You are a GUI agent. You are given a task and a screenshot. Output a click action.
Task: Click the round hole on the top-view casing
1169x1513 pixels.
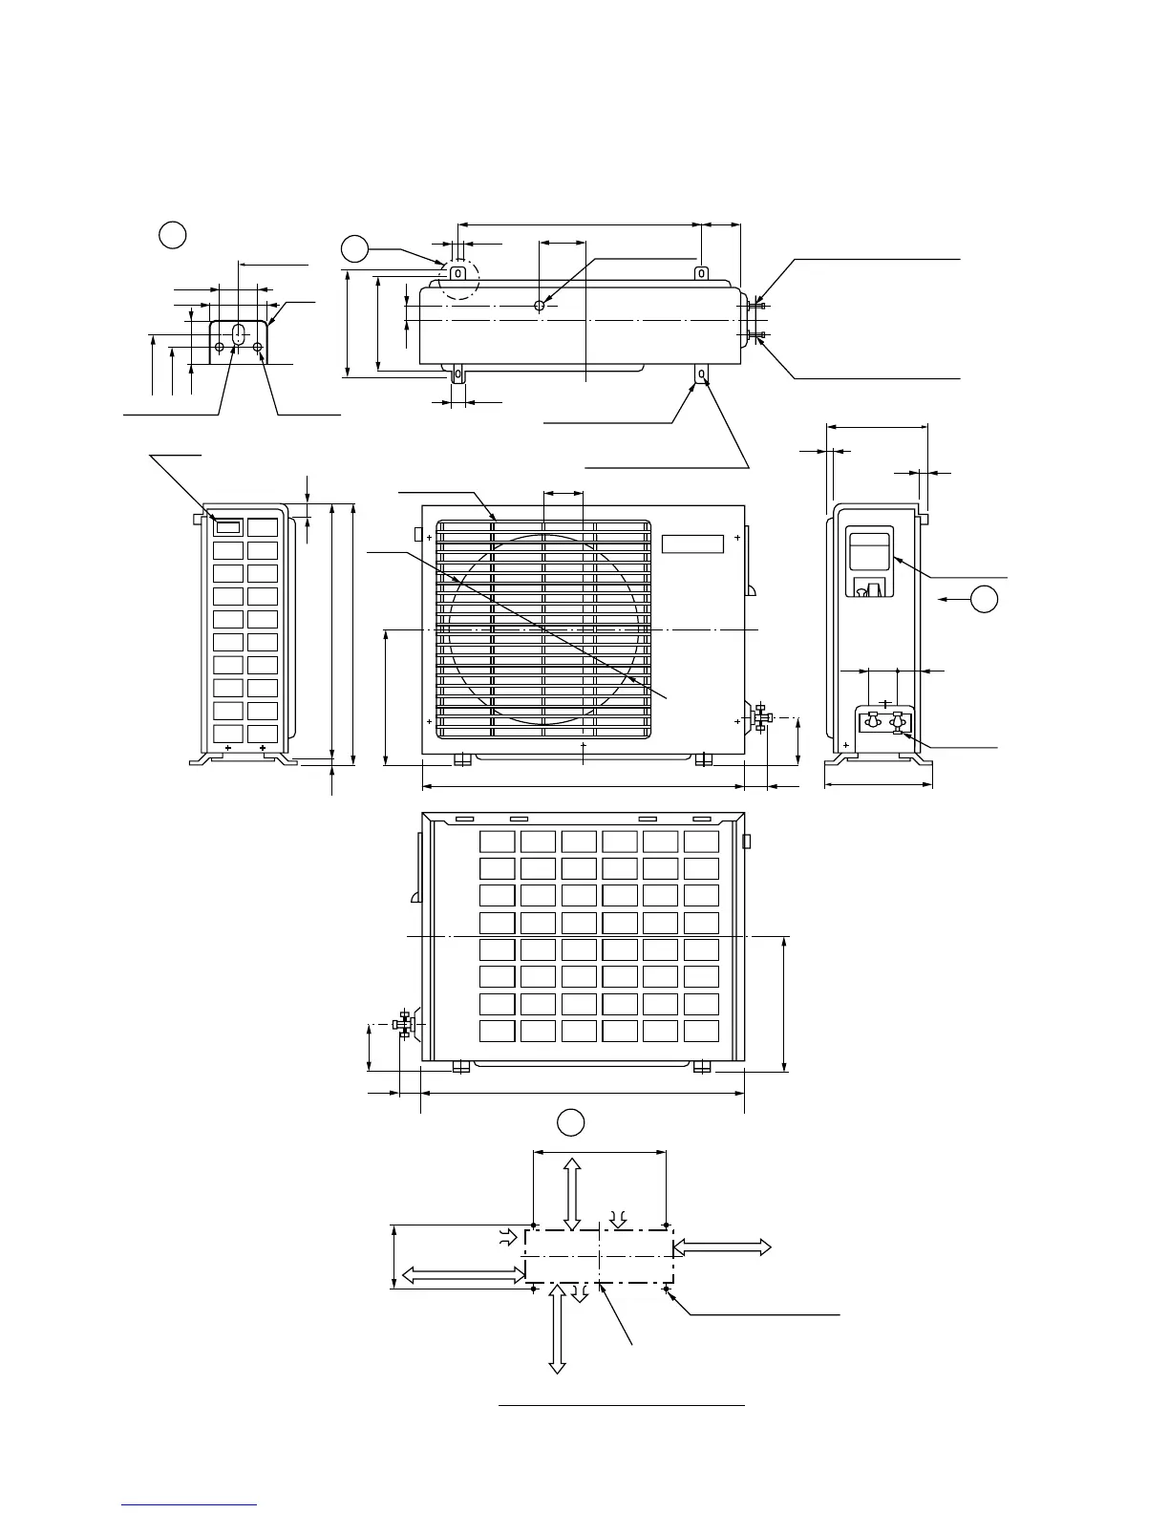click(540, 305)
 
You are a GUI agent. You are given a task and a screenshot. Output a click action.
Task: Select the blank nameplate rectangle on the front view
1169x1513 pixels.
click(692, 543)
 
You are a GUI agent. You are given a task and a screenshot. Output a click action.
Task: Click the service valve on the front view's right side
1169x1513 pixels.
click(761, 717)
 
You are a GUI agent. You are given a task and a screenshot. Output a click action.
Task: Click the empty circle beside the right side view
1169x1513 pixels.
click(985, 599)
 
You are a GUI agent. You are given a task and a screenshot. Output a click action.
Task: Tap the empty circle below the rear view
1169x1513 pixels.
click(571, 1122)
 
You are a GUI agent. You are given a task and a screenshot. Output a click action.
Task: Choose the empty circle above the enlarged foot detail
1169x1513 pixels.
click(173, 234)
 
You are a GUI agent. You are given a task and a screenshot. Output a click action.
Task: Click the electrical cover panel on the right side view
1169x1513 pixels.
click(870, 562)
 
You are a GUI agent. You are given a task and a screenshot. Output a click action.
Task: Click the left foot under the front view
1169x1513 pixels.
click(462, 759)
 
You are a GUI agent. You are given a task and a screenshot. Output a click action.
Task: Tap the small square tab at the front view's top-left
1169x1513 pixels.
click(417, 532)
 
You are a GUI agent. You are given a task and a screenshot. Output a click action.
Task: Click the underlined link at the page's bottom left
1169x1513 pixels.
click(189, 1504)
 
